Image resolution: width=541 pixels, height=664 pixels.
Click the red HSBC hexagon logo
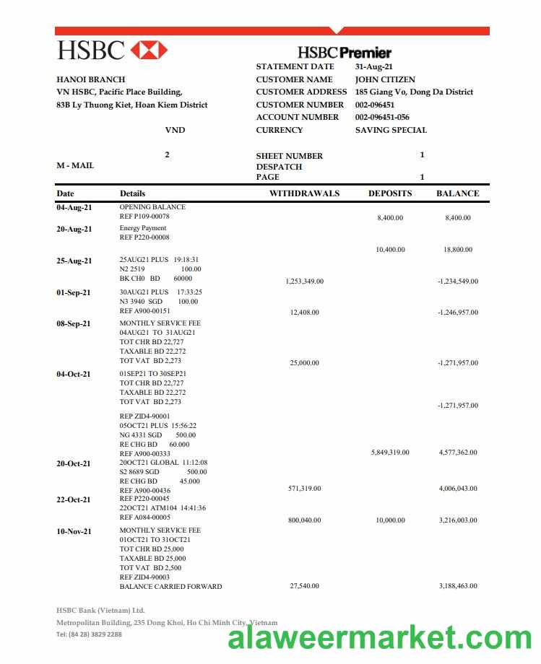pos(150,50)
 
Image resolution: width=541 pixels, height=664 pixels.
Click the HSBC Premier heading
pos(345,52)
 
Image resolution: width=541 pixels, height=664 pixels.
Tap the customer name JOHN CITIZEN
pos(385,79)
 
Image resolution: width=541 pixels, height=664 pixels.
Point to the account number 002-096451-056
pos(382,117)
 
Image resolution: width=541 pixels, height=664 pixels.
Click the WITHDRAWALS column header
pos(304,193)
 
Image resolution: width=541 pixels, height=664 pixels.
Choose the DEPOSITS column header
pos(390,193)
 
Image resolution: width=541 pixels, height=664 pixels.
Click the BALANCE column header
pos(457,193)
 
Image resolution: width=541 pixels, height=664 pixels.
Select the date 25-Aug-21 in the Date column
pos(74,261)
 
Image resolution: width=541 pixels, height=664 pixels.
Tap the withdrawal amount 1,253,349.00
pos(304,281)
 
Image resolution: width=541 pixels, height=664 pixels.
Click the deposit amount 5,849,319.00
pos(390,453)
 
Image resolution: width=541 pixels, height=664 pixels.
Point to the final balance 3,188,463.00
pos(458,586)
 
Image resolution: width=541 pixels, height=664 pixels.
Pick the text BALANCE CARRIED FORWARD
pos(170,586)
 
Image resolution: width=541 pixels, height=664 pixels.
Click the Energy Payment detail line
pos(143,228)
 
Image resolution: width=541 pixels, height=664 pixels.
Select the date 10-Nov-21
pos(74,531)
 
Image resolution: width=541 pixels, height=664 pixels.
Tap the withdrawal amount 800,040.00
pos(304,520)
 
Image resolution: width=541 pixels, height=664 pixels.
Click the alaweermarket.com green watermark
pos(380,639)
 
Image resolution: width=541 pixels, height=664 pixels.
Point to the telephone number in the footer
pos(89,634)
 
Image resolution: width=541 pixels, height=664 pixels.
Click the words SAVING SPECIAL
pos(391,130)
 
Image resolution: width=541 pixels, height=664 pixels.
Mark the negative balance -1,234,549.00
pos(457,281)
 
